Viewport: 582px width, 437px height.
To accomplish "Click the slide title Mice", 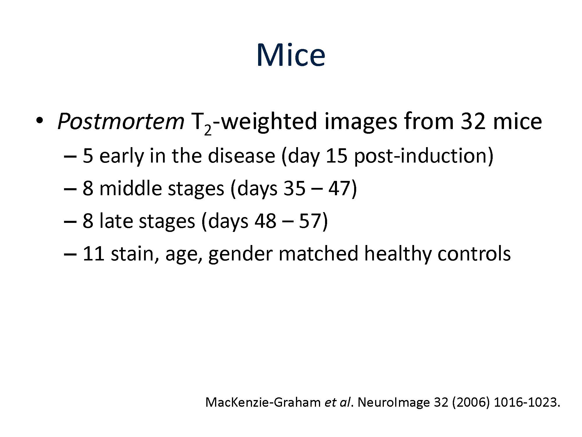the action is click(x=291, y=55).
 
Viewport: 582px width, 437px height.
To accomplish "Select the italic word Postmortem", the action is click(x=121, y=121).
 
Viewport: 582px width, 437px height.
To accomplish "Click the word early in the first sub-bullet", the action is click(x=122, y=156).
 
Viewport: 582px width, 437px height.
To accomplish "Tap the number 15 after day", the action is click(x=336, y=156).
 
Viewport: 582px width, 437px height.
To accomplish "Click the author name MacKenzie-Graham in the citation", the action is click(x=263, y=403).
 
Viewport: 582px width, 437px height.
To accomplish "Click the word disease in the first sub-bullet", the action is click(x=241, y=156).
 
